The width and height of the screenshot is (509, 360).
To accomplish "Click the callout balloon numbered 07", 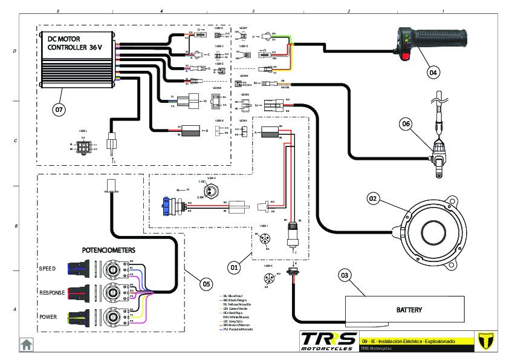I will [59, 110].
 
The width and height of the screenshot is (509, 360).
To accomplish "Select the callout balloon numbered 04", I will [432, 72].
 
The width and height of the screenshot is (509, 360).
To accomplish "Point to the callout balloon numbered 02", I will [373, 198].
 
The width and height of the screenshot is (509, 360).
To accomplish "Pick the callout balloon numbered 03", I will [345, 276].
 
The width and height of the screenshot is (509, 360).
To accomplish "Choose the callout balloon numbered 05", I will [206, 283].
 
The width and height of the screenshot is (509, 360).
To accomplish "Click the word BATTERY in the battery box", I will [409, 310].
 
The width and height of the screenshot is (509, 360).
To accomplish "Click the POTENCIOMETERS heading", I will [109, 250].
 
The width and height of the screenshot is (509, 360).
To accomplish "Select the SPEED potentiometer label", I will [47, 268].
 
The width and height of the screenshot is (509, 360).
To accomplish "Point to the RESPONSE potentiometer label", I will [52, 292].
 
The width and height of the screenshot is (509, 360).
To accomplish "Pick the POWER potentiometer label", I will [48, 316].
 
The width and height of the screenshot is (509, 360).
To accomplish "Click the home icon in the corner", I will [27, 344].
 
